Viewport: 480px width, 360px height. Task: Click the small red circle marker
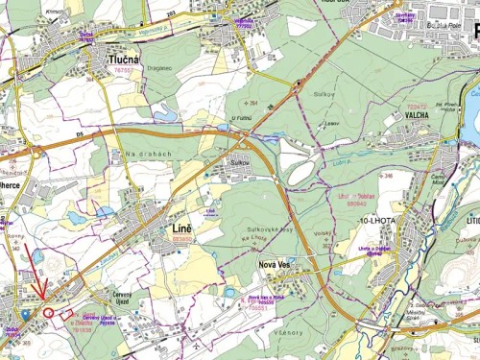(49, 312)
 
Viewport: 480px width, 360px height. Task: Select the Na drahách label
(145, 154)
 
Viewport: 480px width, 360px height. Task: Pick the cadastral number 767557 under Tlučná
(123, 70)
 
